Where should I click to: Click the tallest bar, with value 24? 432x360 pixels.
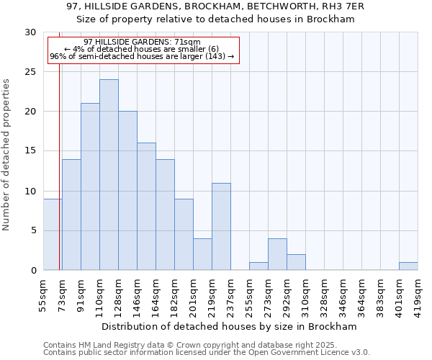point(109,175)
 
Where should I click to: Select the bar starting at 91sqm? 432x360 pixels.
point(90,186)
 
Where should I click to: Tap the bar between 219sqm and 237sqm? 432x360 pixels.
point(221,227)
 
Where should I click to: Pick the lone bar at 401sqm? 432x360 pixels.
point(408,266)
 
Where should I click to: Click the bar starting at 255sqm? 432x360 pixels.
point(258,266)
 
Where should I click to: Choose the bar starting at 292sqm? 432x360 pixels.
point(296,263)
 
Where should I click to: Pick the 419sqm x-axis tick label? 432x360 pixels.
point(418,293)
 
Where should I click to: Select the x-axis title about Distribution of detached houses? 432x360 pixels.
point(230,326)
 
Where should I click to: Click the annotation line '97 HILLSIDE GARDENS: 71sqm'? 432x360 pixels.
point(142,42)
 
